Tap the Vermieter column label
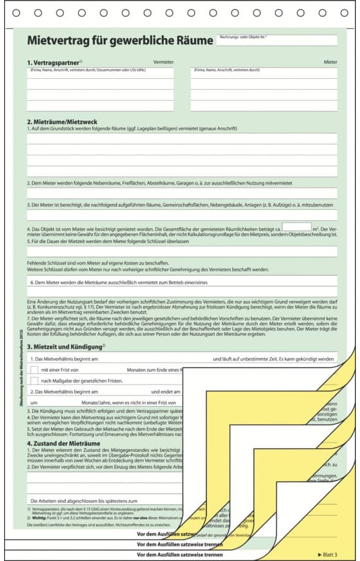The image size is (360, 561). [x=163, y=61]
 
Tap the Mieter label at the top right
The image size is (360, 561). [x=330, y=61]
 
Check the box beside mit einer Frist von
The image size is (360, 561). [x=34, y=369]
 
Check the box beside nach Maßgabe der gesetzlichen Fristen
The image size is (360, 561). [x=34, y=380]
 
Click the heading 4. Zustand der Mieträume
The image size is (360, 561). [x=64, y=444]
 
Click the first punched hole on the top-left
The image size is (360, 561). [x=16, y=13]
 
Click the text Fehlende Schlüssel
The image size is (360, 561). [x=48, y=264]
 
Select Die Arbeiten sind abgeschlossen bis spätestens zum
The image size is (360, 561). [x=84, y=501]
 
